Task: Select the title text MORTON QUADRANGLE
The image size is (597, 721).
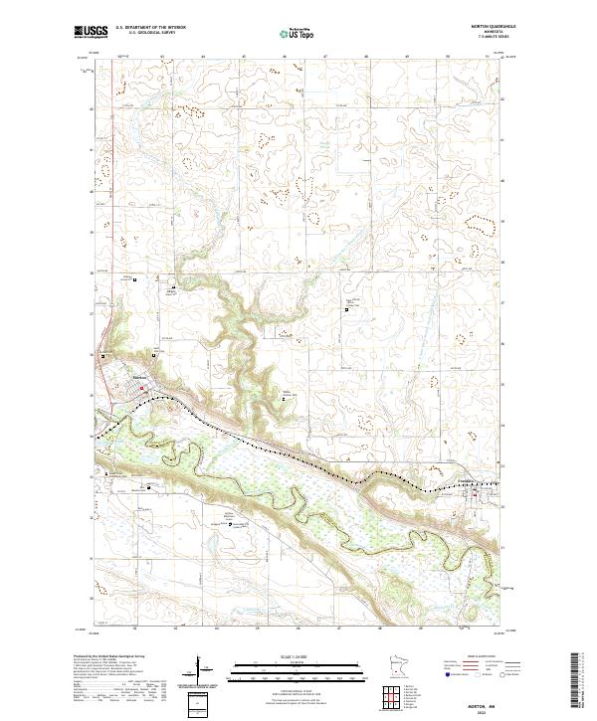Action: pos(487,27)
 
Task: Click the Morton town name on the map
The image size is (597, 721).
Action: pos(140,377)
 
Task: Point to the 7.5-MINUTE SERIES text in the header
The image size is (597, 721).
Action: pos(487,38)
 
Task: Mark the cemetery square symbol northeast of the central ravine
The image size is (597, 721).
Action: pos(347,309)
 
